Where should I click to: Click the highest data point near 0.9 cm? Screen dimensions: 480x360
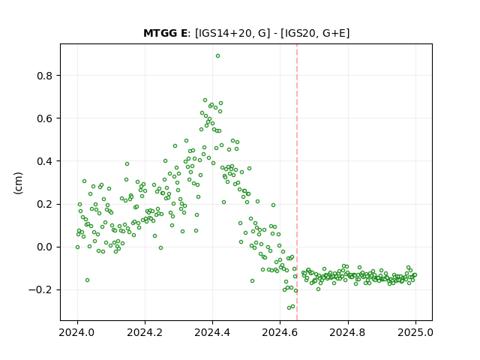217,56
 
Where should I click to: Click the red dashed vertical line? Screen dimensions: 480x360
297,182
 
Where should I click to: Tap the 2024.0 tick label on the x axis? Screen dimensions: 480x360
77,332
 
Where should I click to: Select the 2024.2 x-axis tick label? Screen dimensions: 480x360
145,332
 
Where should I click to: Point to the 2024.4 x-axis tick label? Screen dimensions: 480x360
212,332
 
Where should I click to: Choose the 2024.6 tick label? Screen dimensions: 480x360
280,332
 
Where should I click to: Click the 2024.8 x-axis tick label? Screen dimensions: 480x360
348,332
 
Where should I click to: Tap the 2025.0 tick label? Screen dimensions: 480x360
415,332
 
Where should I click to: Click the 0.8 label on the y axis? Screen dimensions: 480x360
44,76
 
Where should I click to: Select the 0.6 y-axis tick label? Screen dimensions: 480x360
44,118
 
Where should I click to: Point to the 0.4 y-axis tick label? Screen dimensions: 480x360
44,161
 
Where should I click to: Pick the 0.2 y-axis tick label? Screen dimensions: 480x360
44,204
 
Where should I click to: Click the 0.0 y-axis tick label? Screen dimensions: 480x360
44,247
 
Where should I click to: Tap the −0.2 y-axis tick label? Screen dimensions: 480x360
40,290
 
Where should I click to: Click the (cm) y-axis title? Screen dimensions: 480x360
18,183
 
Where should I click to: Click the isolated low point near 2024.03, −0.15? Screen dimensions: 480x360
87,280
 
